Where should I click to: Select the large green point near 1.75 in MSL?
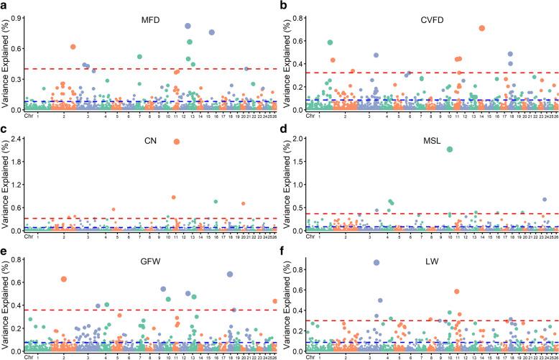click(450, 149)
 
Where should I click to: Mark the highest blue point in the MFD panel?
click(188, 26)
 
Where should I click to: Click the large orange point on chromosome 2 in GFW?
click(64, 279)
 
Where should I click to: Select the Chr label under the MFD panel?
click(29, 115)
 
